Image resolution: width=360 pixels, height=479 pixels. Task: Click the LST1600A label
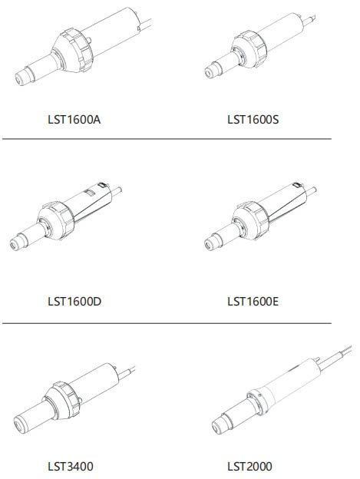[74, 120]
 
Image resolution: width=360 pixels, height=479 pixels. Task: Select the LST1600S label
[253, 120]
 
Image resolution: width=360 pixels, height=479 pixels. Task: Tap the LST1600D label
[74, 302]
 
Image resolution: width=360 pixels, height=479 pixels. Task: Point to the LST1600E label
[253, 302]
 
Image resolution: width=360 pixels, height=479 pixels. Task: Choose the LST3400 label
[71, 467]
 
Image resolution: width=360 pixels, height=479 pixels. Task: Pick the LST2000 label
[249, 467]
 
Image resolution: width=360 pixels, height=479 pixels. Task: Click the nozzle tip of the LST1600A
[20, 78]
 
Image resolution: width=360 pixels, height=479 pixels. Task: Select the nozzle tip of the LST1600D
[14, 245]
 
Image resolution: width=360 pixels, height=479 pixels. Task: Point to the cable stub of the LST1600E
[311, 192]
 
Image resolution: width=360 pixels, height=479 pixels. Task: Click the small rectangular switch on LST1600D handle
[90, 192]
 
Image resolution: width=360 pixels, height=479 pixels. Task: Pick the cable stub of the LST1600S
[309, 21]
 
